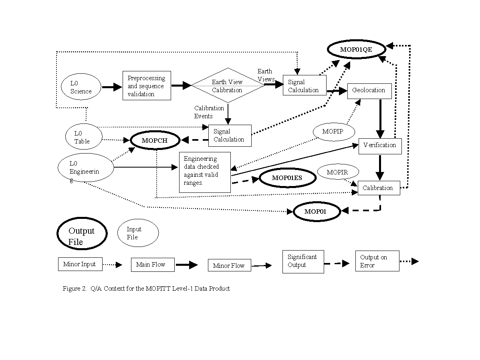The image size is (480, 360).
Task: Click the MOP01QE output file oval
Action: (357, 50)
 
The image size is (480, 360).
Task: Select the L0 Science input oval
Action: (81, 87)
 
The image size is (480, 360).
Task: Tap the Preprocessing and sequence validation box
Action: (147, 85)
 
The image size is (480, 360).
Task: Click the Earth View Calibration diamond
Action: (228, 86)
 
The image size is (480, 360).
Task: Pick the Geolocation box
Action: (369, 90)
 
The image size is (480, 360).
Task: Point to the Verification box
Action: (380, 145)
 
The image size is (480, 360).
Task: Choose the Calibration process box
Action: (378, 188)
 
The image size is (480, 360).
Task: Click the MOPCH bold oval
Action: (155, 140)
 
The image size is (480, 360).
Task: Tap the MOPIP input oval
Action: (333, 131)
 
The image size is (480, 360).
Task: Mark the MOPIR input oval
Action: (337, 172)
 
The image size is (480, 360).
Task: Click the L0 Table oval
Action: (83, 137)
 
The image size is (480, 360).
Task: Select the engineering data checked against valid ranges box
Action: (204, 172)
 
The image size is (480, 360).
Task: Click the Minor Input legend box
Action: (80, 264)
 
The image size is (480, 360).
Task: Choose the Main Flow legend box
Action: (152, 265)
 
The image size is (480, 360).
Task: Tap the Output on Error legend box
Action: (377, 261)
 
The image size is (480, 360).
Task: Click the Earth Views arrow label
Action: (266, 75)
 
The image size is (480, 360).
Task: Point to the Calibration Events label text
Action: (209, 112)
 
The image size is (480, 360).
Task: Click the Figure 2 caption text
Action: (146, 288)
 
